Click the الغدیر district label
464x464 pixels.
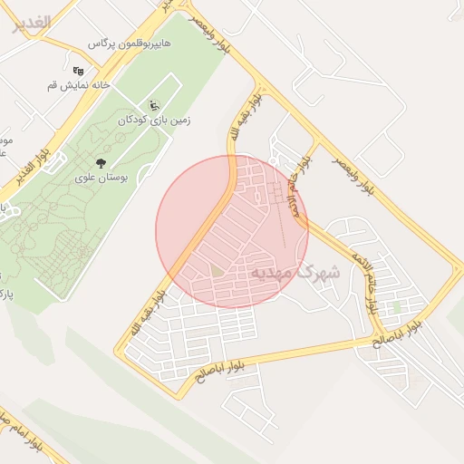(x=31, y=24)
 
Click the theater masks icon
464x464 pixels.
(x=79, y=69)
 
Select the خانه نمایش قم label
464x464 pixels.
(x=79, y=85)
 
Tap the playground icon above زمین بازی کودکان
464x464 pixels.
(x=153, y=105)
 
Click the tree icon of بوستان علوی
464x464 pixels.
(x=100, y=162)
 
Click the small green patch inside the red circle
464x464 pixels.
(x=217, y=270)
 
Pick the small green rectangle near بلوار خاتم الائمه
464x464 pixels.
(x=396, y=306)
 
